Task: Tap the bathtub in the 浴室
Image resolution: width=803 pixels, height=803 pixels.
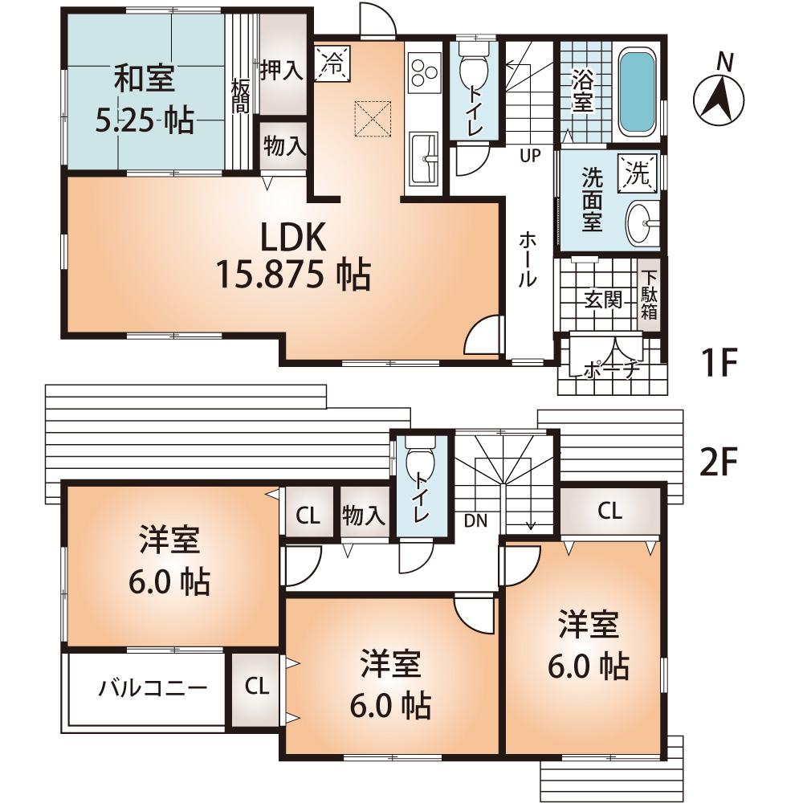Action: pyautogui.click(x=638, y=93)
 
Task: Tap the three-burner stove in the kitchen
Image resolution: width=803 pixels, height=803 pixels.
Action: pyautogui.click(x=424, y=72)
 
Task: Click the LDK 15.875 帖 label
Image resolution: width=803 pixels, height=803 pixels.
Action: pyautogui.click(x=292, y=256)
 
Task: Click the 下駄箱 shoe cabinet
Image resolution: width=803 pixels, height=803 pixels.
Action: pyautogui.click(x=649, y=294)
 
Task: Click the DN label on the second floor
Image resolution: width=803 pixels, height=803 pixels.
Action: pyautogui.click(x=475, y=520)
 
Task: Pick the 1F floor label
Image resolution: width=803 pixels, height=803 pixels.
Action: pyautogui.click(x=717, y=364)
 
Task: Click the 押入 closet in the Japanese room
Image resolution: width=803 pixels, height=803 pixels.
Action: pyautogui.click(x=281, y=71)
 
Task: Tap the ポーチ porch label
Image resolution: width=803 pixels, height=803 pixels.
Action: pyautogui.click(x=611, y=370)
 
